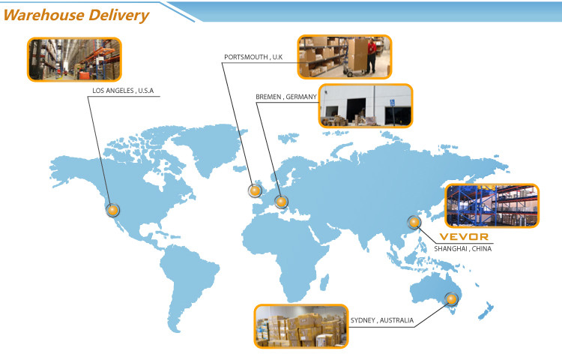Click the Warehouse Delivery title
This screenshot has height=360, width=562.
(x=76, y=14)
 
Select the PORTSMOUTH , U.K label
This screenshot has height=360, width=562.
(x=253, y=57)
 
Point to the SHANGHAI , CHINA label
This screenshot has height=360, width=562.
(x=463, y=248)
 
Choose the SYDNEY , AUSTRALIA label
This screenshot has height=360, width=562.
(x=381, y=321)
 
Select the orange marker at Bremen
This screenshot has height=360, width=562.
(x=281, y=201)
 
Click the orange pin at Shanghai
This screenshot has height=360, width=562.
(x=413, y=222)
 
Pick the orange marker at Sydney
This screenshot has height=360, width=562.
(x=451, y=300)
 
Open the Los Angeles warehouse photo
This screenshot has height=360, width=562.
(x=74, y=59)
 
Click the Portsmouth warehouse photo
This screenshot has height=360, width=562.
(x=345, y=56)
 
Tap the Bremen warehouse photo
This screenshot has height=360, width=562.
(x=366, y=106)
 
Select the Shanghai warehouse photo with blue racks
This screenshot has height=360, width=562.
(x=492, y=205)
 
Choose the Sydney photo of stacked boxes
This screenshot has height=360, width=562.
(x=300, y=325)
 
